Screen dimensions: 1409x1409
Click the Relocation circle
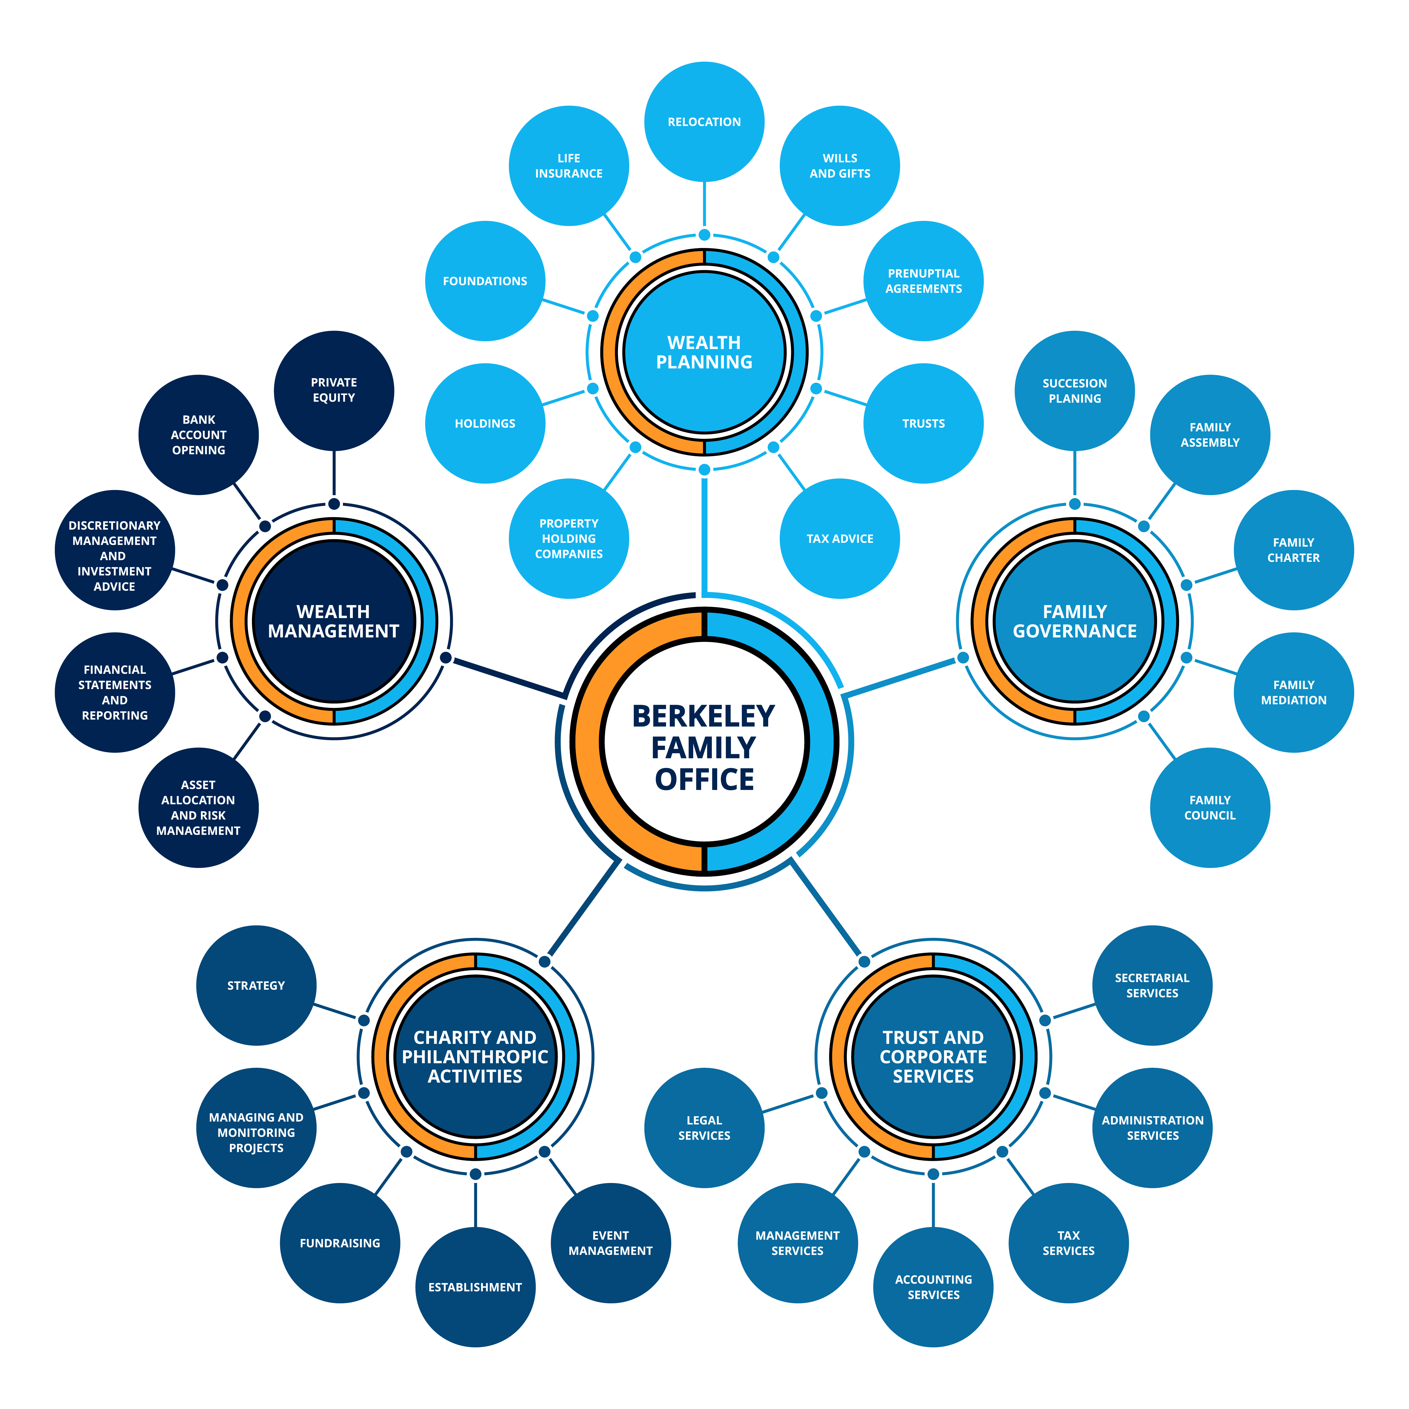[704, 122]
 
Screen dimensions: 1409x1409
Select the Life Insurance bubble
[569, 165]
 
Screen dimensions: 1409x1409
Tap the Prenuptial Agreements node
[923, 281]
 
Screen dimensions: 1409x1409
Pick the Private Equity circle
[334, 390]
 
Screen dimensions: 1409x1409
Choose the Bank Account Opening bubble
[198, 435]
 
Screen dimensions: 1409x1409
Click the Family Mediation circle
[1294, 692]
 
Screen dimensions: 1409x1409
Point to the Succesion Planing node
[1074, 391]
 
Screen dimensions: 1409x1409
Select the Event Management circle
[610, 1243]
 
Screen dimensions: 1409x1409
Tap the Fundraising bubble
[340, 1243]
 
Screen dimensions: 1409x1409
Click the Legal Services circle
[704, 1127]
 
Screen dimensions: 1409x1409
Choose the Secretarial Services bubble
[1152, 985]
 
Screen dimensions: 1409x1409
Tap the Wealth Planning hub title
[704, 352]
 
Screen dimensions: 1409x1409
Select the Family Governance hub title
[1074, 621]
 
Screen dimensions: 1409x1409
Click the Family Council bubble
[1210, 807]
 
